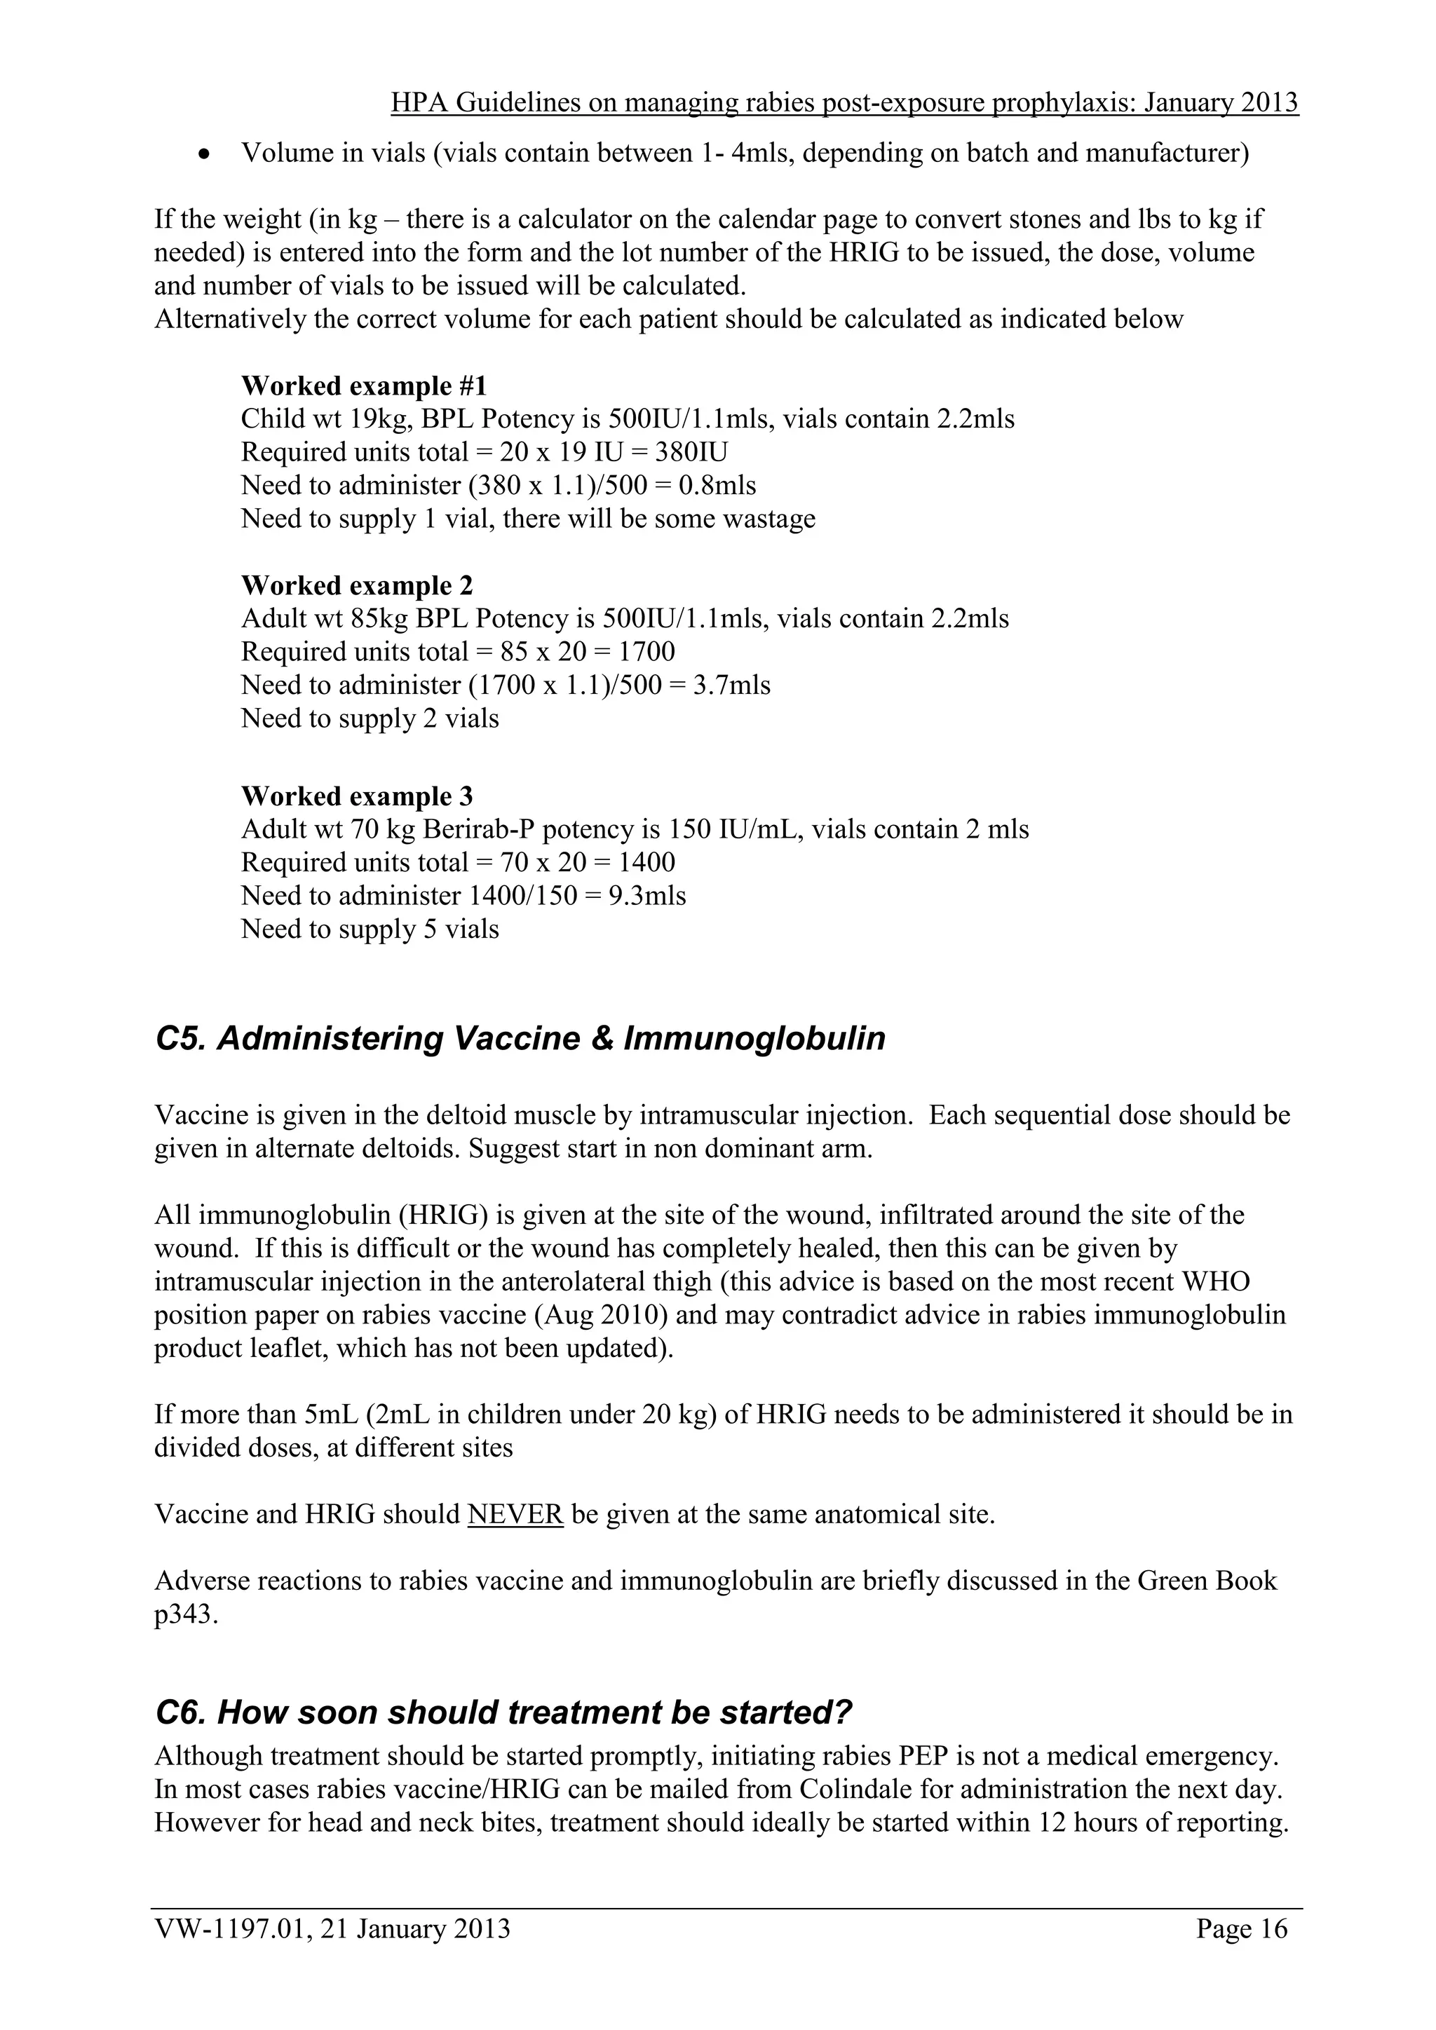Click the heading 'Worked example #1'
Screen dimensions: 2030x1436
pyautogui.click(x=363, y=386)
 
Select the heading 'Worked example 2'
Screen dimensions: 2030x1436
pyautogui.click(x=356, y=585)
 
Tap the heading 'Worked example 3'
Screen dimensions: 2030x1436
pyautogui.click(x=356, y=796)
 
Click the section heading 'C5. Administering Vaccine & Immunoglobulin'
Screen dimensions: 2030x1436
pyautogui.click(x=520, y=1038)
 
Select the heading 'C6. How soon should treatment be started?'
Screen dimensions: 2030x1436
pyautogui.click(x=502, y=1712)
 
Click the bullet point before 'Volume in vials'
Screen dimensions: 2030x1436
pyautogui.click(x=204, y=154)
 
